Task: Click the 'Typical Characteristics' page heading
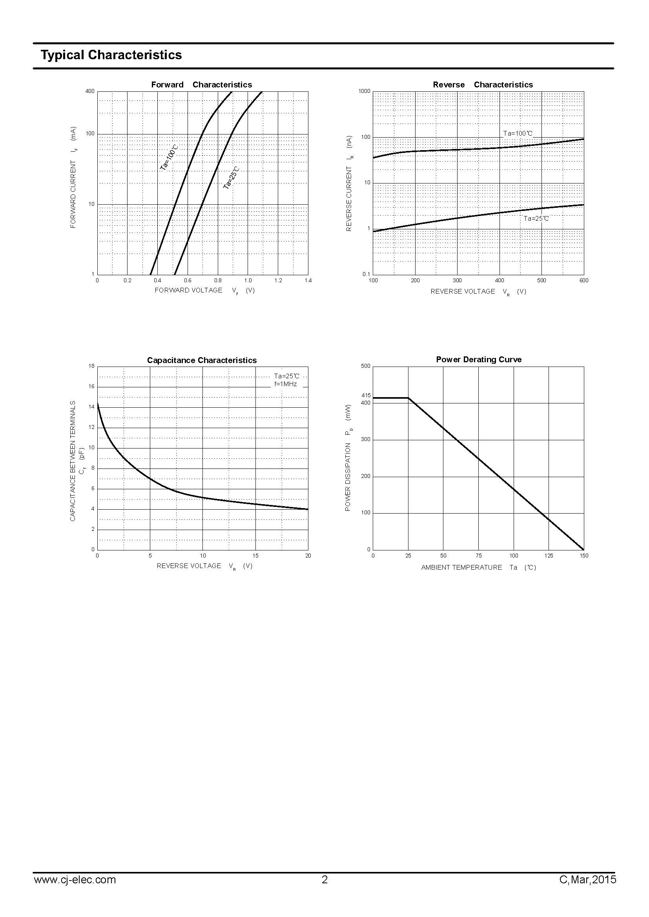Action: (x=111, y=55)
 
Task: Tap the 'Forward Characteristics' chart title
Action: (x=201, y=85)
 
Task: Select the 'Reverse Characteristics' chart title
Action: (x=483, y=85)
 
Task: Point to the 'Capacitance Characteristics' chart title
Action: (x=202, y=360)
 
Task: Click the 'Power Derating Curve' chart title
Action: (x=479, y=360)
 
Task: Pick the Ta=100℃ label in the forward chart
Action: (x=169, y=158)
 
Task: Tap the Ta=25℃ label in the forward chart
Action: (x=231, y=178)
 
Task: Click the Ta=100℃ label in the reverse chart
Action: (x=518, y=133)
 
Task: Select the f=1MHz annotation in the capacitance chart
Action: (x=285, y=384)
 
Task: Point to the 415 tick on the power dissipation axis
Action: (x=366, y=396)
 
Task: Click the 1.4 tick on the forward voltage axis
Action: (x=308, y=280)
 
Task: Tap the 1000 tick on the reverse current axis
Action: (x=365, y=91)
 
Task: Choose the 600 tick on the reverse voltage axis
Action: (x=584, y=280)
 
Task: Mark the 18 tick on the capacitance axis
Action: (x=91, y=366)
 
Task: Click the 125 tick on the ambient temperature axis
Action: (x=549, y=556)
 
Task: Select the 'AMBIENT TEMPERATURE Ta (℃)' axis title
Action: (x=478, y=568)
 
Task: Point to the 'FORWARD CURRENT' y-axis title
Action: (x=73, y=194)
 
